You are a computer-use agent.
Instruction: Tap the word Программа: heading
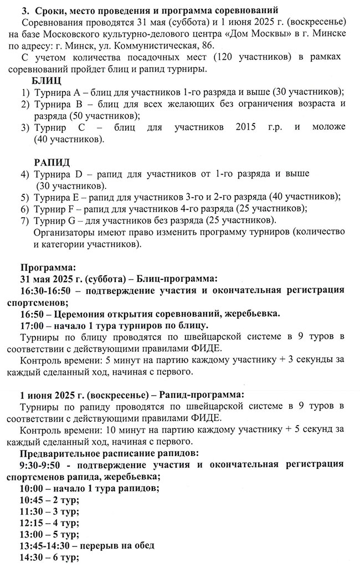46,267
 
